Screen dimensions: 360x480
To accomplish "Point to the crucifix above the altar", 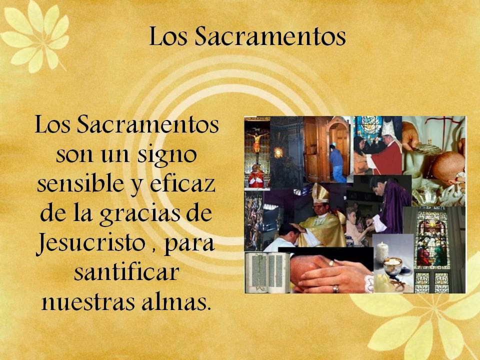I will coord(257,140).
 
